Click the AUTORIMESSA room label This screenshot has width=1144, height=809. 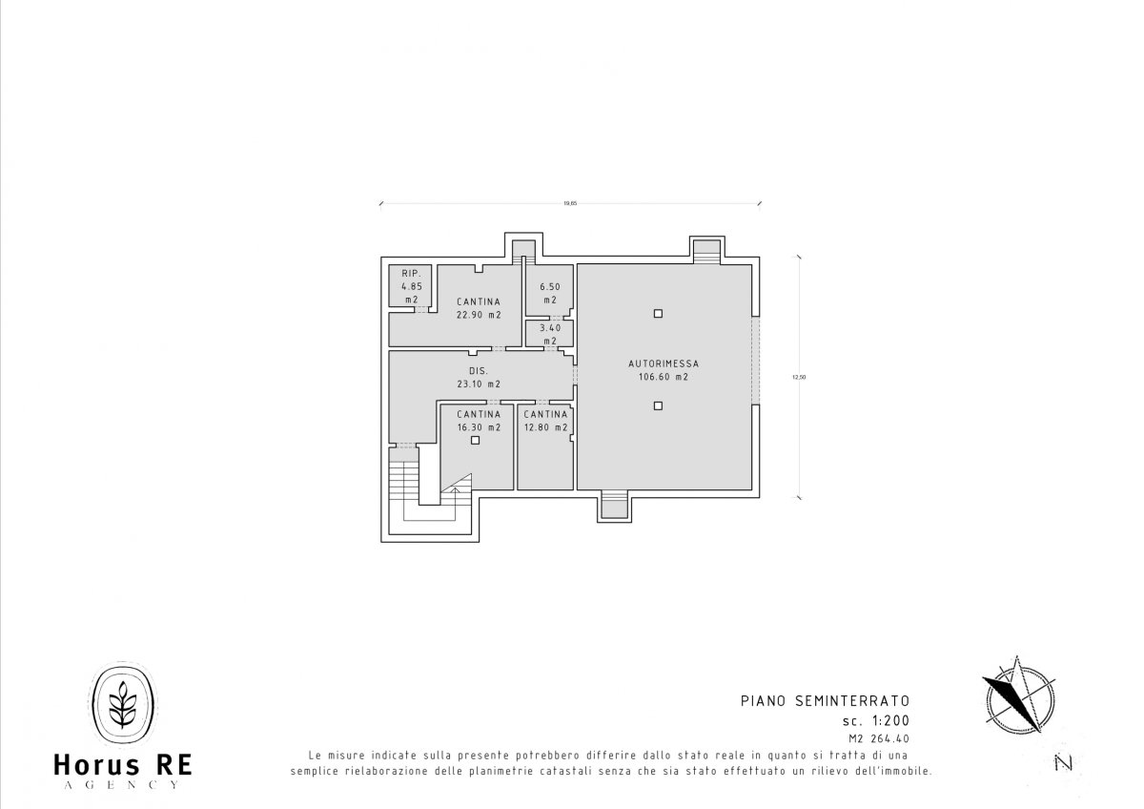664,363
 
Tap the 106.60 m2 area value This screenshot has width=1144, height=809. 664,377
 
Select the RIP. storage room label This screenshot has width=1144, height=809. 411,274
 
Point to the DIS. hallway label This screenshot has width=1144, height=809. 479,371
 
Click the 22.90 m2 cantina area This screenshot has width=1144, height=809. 479,315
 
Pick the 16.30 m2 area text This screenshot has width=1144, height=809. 479,427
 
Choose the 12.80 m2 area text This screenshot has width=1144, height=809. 545,427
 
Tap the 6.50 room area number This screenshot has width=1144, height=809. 550,287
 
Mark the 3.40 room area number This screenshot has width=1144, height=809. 550,328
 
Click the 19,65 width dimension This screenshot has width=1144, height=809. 570,203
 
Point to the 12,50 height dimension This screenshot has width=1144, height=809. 799,378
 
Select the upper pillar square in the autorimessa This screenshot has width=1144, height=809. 658,314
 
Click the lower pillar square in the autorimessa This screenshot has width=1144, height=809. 658,405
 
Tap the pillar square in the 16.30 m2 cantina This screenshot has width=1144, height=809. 475,440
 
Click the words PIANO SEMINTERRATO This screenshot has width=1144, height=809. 826,700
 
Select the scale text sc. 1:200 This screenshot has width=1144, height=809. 876,721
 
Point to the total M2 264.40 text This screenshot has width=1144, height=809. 879,738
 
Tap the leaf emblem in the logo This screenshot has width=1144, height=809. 123,704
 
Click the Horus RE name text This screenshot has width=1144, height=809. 123,765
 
